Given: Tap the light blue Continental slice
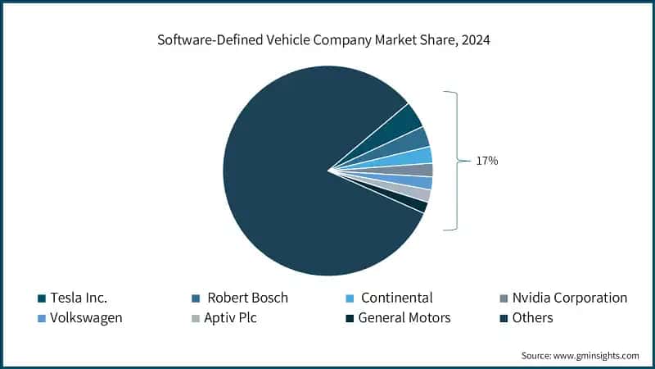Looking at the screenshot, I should [x=420, y=156].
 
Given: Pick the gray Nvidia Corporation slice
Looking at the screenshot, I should [x=422, y=170].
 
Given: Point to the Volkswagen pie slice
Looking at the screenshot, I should [x=421, y=183].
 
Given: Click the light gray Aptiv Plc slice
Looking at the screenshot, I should [x=418, y=194].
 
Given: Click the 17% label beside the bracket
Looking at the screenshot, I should [x=486, y=162].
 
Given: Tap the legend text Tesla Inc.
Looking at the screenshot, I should [x=79, y=298].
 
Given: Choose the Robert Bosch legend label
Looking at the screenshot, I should [x=247, y=298].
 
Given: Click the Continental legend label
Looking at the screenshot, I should [x=396, y=298].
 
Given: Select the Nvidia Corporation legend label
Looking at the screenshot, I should [x=569, y=298].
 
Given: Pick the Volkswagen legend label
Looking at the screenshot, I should [x=86, y=317].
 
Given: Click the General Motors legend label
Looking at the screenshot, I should [x=404, y=317].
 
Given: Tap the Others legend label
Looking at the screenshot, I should [x=532, y=317].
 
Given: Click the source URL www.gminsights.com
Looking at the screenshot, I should [x=595, y=355].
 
